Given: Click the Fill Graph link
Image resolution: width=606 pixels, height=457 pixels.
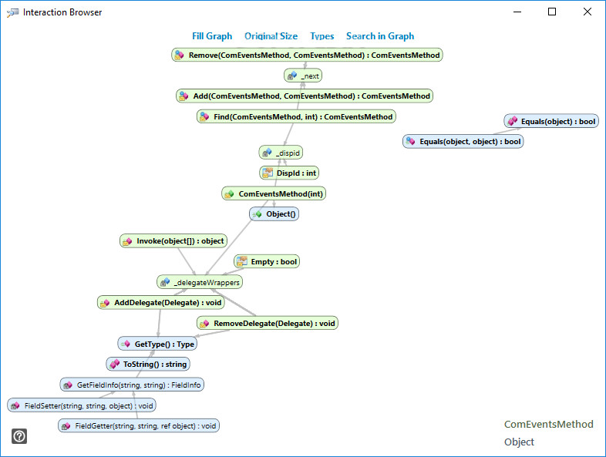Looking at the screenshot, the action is [212, 36].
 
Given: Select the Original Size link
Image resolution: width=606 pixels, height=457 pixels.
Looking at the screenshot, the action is [271, 36].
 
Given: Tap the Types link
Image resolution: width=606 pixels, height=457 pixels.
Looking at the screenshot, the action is [322, 36].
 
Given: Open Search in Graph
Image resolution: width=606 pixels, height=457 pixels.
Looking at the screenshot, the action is [380, 36].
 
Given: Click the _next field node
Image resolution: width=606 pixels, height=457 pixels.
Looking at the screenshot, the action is [303, 76].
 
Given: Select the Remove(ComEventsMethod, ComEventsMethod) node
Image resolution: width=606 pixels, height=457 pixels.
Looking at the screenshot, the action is [307, 55].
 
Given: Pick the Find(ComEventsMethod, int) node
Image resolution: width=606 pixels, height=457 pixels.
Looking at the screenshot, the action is [296, 116].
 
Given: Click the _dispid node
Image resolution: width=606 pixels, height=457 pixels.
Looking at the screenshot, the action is [281, 153].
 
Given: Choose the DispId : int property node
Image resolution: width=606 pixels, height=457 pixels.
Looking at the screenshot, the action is [289, 173].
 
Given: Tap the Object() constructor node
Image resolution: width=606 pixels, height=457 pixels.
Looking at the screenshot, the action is [274, 214].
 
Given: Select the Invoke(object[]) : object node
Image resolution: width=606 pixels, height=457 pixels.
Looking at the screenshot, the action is [173, 241].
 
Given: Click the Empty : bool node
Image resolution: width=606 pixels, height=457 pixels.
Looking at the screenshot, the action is [267, 261].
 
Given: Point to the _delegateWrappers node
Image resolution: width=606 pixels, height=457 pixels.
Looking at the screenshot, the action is [200, 282].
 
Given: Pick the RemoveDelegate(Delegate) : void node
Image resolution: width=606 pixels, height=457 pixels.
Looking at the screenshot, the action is [268, 324].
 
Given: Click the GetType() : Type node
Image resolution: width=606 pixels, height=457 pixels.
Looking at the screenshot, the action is [157, 344].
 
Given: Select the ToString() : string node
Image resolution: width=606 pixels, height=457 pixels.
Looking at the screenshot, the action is [148, 364].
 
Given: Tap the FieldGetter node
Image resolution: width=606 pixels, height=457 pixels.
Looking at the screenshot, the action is [139, 425].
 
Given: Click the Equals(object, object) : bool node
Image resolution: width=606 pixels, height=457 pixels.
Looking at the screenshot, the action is [463, 141].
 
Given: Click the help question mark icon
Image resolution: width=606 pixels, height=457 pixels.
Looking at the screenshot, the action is [19, 436].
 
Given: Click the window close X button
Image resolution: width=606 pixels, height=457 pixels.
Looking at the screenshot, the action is [587, 12].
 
